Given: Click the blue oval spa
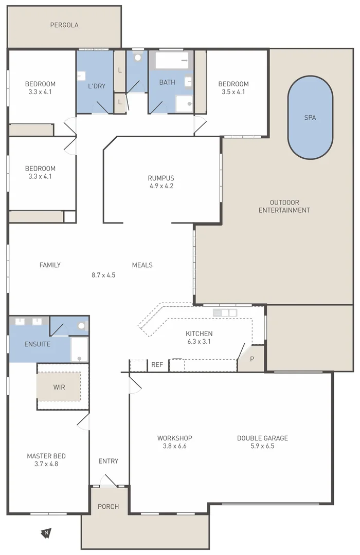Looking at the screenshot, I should (310, 118).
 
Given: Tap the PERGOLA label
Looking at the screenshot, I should (64, 25).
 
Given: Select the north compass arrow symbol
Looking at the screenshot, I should (46, 532).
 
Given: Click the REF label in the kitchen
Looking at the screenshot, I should (157, 365).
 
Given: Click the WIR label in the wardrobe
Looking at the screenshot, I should (59, 386).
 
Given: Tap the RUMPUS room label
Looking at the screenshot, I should (161, 178).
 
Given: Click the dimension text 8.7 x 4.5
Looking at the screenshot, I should (103, 275).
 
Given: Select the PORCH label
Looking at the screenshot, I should (109, 507).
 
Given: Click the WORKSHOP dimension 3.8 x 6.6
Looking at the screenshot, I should (175, 446).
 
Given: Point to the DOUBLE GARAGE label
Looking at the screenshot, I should (262, 438).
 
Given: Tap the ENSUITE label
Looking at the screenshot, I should (38, 344).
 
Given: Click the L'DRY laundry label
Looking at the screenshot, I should (96, 86).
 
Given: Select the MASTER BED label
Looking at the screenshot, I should (46, 456).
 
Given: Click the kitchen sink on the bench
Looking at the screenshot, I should (225, 312).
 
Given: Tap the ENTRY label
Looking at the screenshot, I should (108, 461).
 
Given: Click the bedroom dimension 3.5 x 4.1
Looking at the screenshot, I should (233, 92).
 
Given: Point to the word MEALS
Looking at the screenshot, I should (142, 265).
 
